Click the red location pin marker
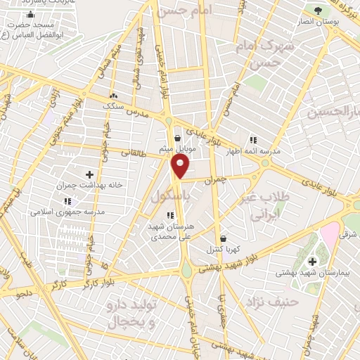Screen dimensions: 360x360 coord(181,166)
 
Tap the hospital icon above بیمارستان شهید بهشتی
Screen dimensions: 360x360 coord(312,262)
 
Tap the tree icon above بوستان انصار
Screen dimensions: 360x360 coord(318,11)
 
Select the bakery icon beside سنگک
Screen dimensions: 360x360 coord(112,95)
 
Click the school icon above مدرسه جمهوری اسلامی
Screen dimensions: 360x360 coord(67,201)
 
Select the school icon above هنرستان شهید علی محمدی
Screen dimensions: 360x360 coord(170,215)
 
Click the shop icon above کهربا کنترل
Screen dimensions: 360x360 coord(223,238)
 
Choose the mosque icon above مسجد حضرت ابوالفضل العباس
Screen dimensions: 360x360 coord(30,15)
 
